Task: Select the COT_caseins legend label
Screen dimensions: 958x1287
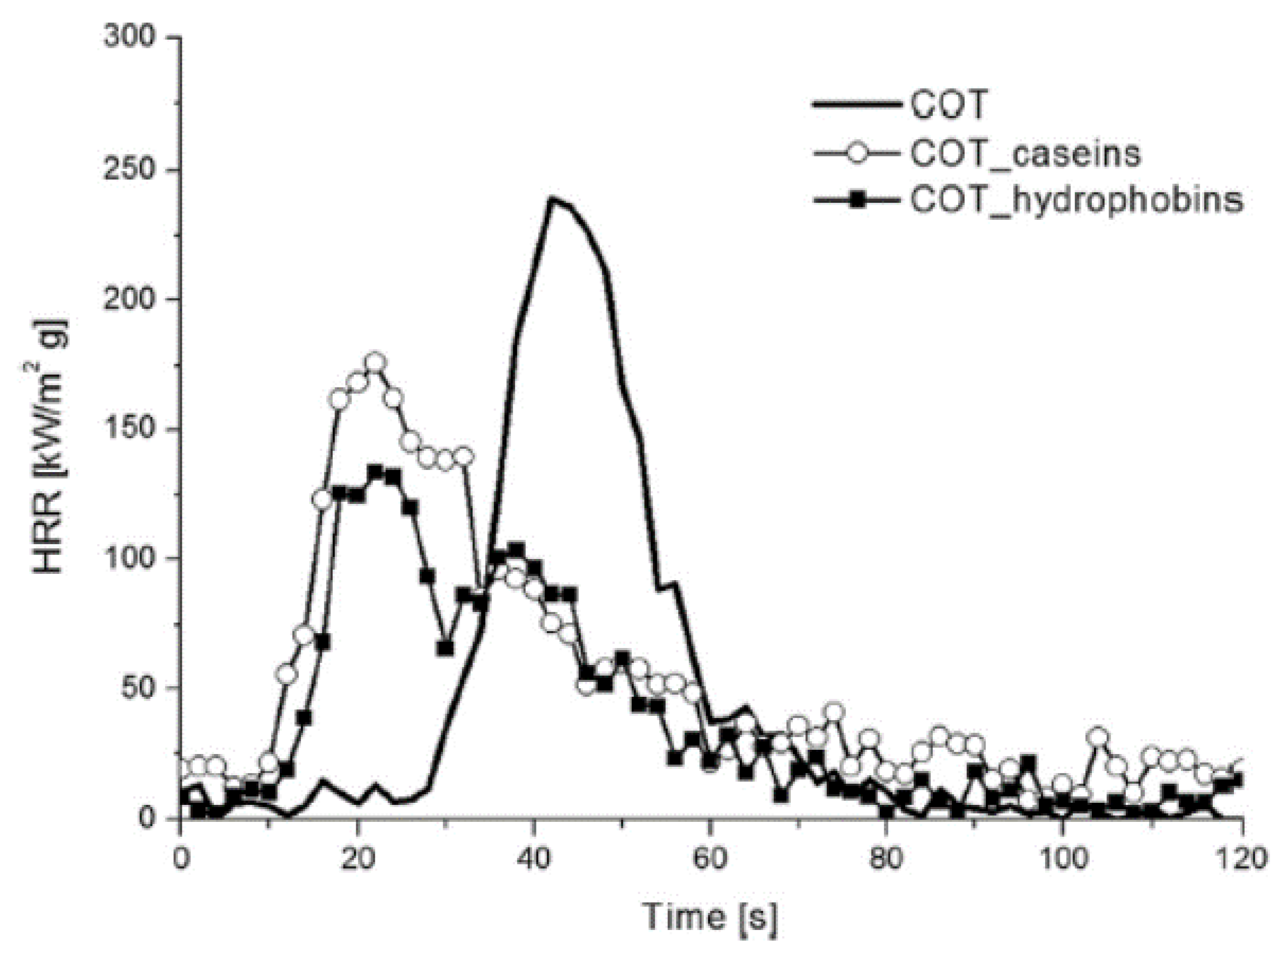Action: coord(1025,154)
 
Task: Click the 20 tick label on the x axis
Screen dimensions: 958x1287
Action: coord(358,858)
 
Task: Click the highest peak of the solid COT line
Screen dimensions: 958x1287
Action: coord(552,198)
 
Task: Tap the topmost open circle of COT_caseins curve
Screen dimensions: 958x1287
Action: coord(375,362)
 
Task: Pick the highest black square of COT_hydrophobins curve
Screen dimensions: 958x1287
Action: coord(375,472)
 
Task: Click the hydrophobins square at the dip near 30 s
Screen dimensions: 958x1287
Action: coord(445,649)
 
